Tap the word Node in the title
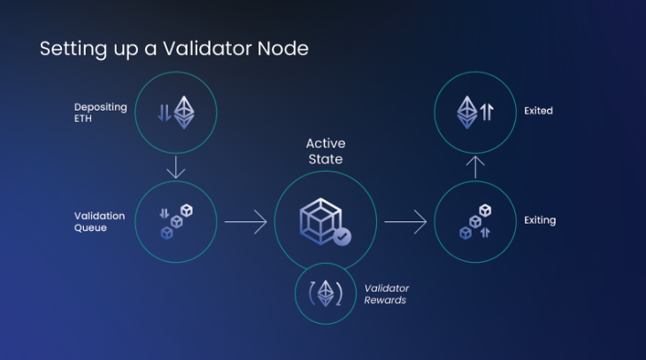283,49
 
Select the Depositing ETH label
101,113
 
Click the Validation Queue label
99,222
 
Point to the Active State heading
326,151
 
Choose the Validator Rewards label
387,294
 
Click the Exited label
538,111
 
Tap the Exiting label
540,220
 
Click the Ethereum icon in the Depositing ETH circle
184,112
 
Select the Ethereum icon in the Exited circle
466,112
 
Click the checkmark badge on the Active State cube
342,237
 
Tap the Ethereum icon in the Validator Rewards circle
326,294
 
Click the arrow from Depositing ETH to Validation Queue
176,167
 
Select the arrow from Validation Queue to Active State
245,222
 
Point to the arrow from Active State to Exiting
405,222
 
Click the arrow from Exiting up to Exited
475,167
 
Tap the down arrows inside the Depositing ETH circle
165,113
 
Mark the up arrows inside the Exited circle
487,111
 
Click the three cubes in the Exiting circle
475,222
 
